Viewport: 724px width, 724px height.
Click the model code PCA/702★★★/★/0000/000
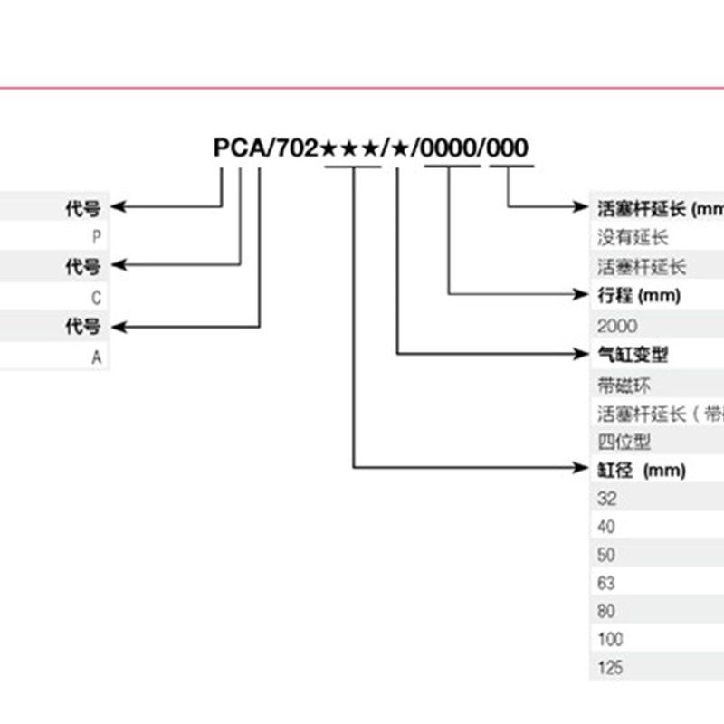click(x=370, y=148)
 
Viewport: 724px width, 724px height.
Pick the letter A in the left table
click(x=96, y=357)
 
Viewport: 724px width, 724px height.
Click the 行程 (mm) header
click(x=638, y=295)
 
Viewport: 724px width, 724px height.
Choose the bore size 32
click(x=606, y=499)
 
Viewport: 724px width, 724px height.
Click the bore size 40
click(x=606, y=527)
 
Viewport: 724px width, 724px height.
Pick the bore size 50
click(x=606, y=555)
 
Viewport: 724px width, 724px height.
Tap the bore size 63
click(x=606, y=583)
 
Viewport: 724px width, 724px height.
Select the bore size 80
click(x=606, y=611)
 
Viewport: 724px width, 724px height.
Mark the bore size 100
click(x=611, y=640)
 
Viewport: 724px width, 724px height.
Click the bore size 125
click(x=611, y=669)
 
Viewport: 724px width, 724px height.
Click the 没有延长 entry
click(x=632, y=238)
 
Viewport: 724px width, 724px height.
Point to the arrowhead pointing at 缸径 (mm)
click(x=582, y=468)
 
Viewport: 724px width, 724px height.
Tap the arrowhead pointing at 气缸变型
click(x=582, y=353)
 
